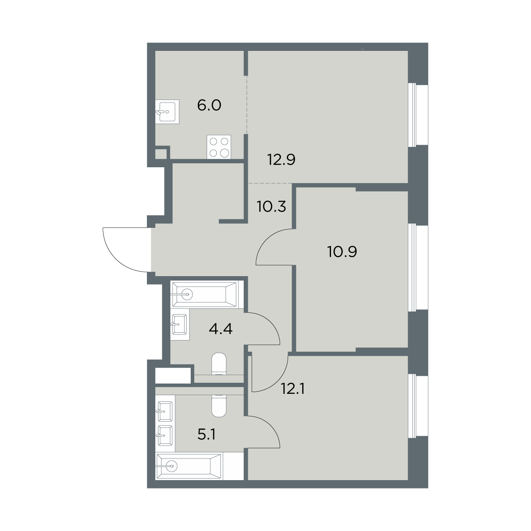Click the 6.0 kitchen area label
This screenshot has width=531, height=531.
pyautogui.click(x=209, y=105)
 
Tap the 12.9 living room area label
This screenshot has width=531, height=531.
pyautogui.click(x=281, y=160)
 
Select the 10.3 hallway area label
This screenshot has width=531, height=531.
pyautogui.click(x=271, y=206)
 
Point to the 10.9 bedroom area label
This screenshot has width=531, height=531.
pyautogui.click(x=342, y=252)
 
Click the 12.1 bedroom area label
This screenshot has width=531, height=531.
pyautogui.click(x=292, y=389)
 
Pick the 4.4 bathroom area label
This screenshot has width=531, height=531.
pyautogui.click(x=221, y=329)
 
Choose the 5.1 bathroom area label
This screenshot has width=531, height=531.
pyautogui.click(x=206, y=435)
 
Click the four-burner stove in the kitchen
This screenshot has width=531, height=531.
pyautogui.click(x=219, y=147)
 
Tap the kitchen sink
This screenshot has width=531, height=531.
pyautogui.click(x=167, y=112)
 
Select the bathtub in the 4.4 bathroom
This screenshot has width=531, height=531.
pyautogui.click(x=204, y=294)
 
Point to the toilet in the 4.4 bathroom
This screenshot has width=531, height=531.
pyautogui.click(x=219, y=364)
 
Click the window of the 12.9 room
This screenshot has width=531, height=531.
pyautogui.click(x=418, y=115)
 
